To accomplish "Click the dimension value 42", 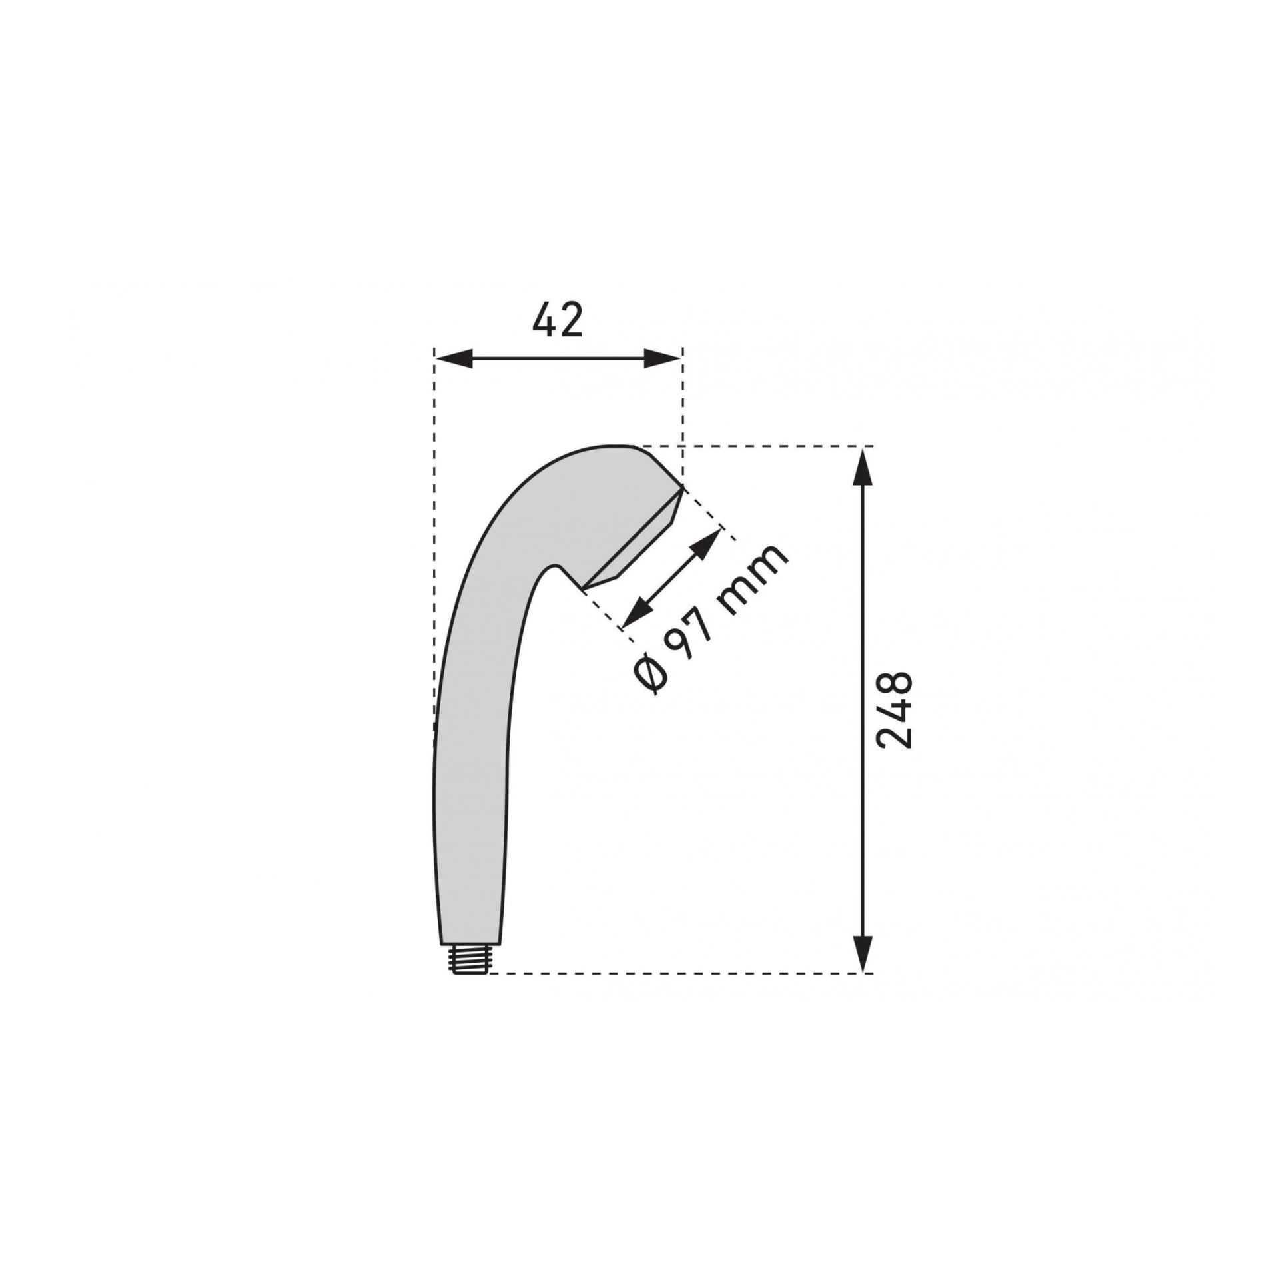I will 558,320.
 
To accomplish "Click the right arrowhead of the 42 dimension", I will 663,359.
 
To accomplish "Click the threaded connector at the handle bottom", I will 470,960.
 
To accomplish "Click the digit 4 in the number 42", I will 544,320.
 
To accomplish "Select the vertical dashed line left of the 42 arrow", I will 434,413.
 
